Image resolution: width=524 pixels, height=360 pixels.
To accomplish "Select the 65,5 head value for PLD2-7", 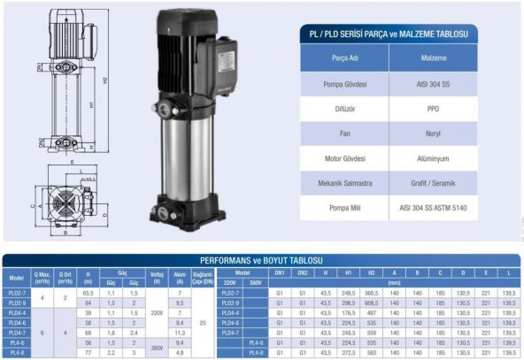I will [88, 291].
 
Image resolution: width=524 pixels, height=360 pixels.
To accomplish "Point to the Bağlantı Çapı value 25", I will [203, 321].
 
